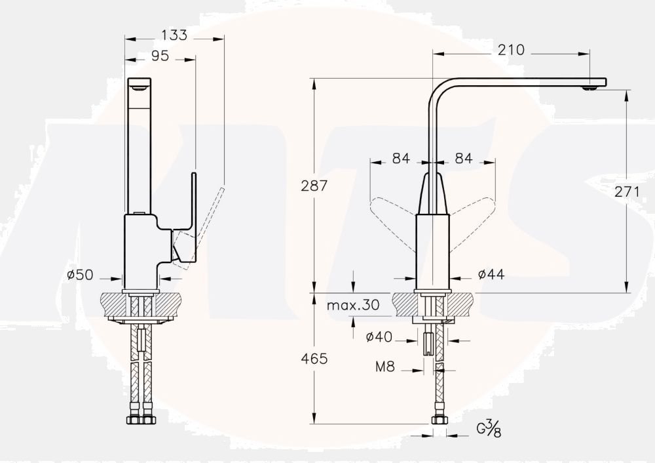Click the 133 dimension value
click(174, 35)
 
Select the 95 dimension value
click(160, 56)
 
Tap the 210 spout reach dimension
click(511, 50)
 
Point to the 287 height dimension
click(314, 186)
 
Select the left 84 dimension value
click(401, 158)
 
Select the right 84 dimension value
click(464, 158)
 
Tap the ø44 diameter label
click(491, 275)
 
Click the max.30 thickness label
click(353, 305)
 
